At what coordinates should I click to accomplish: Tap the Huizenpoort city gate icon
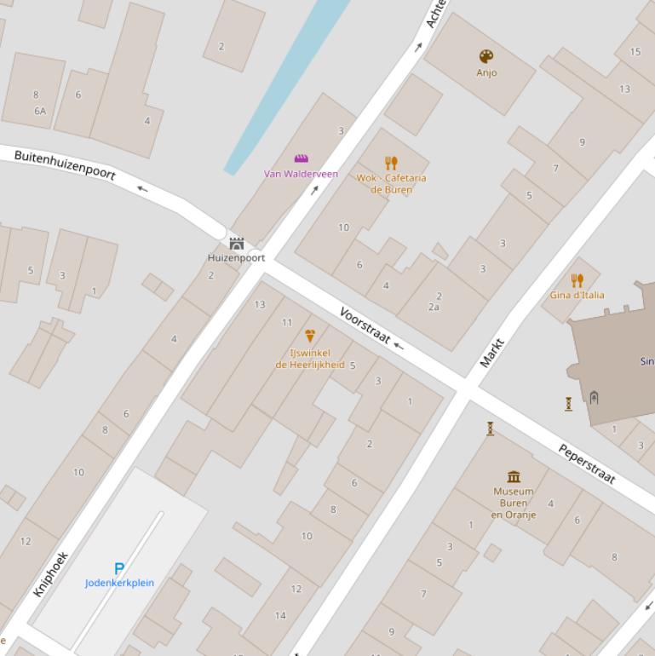(x=237, y=244)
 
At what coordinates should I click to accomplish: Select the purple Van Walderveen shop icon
(x=301, y=158)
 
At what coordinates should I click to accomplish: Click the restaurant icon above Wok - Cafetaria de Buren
(x=391, y=163)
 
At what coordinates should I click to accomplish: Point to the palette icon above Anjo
(x=486, y=57)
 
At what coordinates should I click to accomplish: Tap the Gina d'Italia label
(x=577, y=295)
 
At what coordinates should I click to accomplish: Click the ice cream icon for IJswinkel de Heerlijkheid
(x=310, y=336)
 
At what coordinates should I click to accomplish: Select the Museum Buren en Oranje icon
(x=513, y=476)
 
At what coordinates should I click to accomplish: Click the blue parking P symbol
(x=119, y=568)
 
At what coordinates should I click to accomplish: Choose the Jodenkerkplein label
(x=119, y=583)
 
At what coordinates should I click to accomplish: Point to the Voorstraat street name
(x=365, y=325)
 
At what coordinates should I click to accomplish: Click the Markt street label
(x=491, y=353)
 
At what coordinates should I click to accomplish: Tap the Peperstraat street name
(x=587, y=463)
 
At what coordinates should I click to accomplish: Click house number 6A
(x=39, y=111)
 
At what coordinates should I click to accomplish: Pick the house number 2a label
(x=434, y=307)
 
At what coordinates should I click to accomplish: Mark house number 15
(x=635, y=52)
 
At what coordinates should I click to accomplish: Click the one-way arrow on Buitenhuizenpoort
(x=141, y=188)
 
